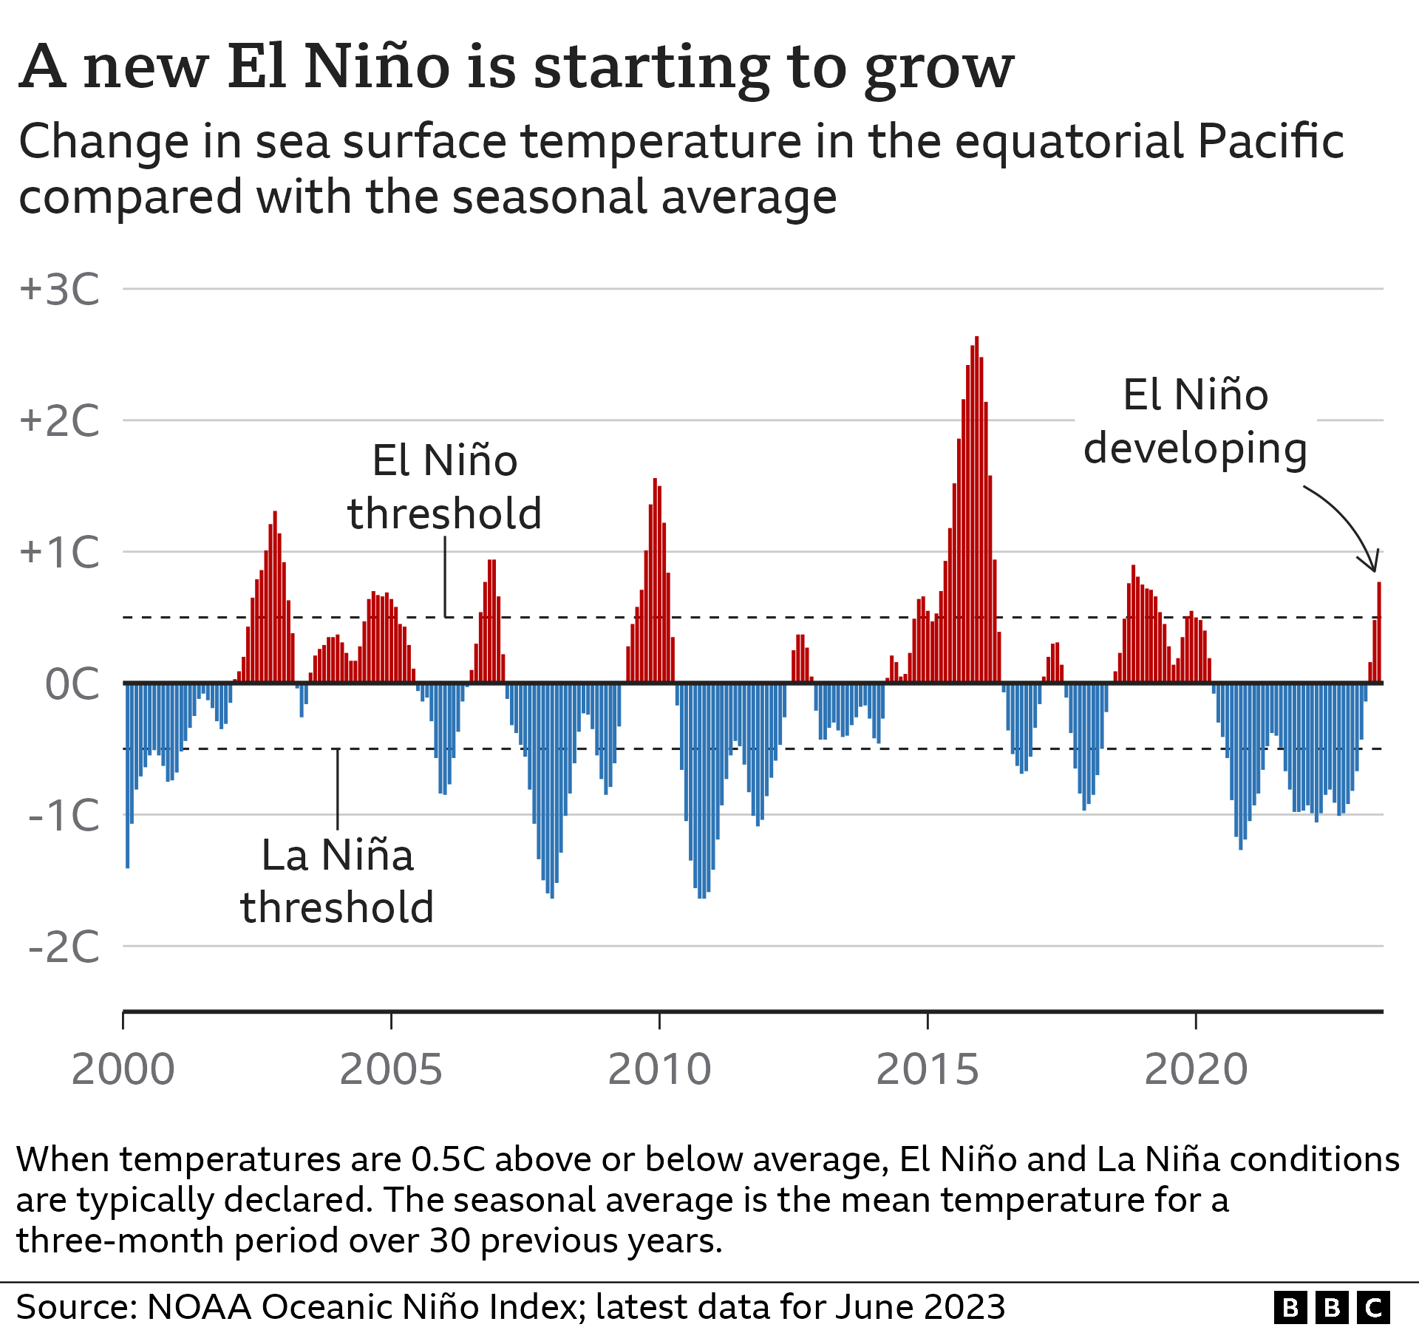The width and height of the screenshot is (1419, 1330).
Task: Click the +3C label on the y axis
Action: point(59,289)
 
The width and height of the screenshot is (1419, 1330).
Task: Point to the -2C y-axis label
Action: point(64,947)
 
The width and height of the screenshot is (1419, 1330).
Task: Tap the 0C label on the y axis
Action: point(72,684)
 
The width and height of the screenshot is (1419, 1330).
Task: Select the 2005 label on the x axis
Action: point(391,1069)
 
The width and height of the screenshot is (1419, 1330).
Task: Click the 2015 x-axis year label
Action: point(928,1069)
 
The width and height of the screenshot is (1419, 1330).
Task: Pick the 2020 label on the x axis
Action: point(1196,1069)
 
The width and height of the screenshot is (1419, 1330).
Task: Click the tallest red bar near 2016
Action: point(976,510)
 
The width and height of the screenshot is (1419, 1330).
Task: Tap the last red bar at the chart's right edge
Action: point(1379,632)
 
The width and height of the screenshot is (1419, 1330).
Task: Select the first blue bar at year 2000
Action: point(128,776)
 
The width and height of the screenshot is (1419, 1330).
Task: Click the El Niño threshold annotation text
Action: point(445,487)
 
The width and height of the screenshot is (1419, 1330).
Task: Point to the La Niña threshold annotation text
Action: point(337,881)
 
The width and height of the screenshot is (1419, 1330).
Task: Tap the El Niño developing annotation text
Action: point(1195,421)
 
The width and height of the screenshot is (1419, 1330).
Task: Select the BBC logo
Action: point(1332,1307)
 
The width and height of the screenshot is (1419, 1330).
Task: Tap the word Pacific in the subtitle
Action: point(1270,141)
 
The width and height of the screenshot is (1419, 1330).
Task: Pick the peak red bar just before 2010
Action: point(655,580)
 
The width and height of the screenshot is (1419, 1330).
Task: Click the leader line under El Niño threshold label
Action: point(445,576)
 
